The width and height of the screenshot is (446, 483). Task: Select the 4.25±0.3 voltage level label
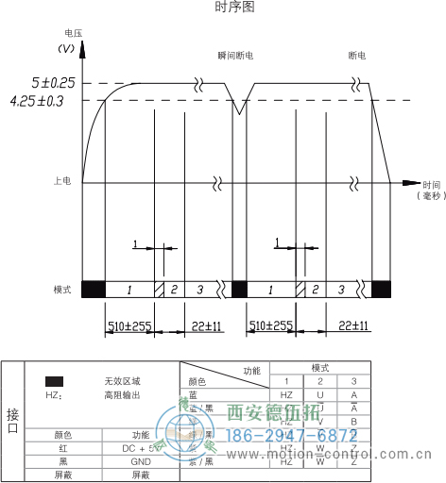pyautogui.click(x=36, y=100)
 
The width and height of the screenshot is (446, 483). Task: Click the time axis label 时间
pyautogui.click(x=432, y=184)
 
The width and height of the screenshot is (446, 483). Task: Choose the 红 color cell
pyautogui.click(x=62, y=449)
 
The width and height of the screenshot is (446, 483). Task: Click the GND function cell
pyautogui.click(x=141, y=462)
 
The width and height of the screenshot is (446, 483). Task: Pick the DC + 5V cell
pyautogui.click(x=141, y=449)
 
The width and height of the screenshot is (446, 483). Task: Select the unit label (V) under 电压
pyautogui.click(x=67, y=47)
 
